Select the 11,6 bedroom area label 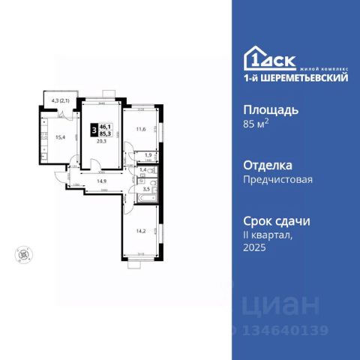pyautogui.click(x=139, y=130)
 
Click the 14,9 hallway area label pyautogui.click(x=100, y=180)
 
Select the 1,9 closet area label pyautogui.click(x=148, y=156)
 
